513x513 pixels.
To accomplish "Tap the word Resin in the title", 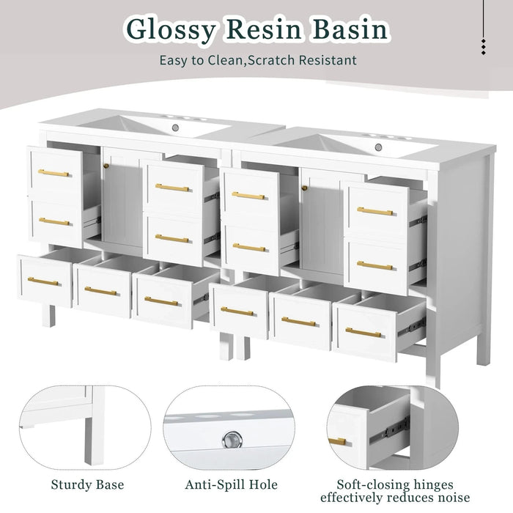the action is (x=263, y=29).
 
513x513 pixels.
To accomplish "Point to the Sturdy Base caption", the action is (x=88, y=484).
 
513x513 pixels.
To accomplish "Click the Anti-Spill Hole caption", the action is (x=231, y=484).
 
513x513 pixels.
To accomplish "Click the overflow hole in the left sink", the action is (x=175, y=128).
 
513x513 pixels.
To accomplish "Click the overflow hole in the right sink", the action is (x=379, y=147).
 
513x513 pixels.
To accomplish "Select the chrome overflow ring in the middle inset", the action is (x=232, y=440).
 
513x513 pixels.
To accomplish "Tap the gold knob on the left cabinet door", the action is (x=106, y=166).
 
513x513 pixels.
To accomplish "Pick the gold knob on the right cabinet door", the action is (x=305, y=188).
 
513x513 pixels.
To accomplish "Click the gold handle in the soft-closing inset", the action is (x=337, y=441).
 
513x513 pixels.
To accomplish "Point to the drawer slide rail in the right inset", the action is (x=390, y=429).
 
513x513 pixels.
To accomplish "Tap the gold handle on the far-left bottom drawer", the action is (x=43, y=281).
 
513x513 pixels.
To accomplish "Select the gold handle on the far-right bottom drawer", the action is (x=363, y=333).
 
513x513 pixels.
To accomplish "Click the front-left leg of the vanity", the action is (x=49, y=316).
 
